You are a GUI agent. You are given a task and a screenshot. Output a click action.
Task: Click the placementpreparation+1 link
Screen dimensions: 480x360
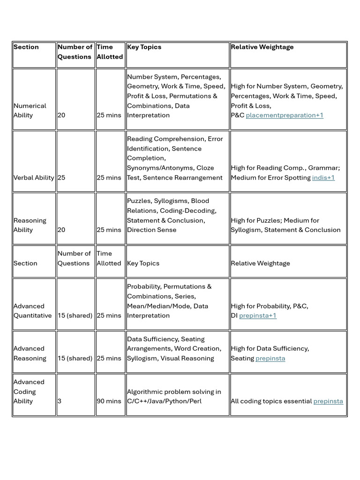[x=285, y=115]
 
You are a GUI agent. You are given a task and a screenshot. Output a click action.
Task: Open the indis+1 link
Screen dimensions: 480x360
[x=323, y=178]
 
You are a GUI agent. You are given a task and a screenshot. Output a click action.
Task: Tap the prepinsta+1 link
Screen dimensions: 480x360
[x=258, y=316]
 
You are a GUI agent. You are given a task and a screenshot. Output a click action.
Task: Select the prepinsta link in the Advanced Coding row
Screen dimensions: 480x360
[x=328, y=401]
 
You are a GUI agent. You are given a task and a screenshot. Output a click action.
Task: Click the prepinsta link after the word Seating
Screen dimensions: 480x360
[x=270, y=359]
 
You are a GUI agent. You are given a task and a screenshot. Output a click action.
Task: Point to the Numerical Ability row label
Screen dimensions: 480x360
[x=30, y=111]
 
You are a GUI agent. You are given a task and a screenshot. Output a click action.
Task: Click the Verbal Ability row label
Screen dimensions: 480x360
[x=34, y=178]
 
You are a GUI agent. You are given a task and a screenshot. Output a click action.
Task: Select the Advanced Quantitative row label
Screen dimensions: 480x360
[x=32, y=311]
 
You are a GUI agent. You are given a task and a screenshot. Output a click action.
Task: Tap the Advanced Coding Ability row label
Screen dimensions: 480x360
[x=29, y=392]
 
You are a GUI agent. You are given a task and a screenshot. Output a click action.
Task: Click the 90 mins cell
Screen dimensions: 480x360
[x=109, y=401]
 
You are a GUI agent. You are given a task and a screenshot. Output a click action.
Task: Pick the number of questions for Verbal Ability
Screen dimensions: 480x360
[x=61, y=178]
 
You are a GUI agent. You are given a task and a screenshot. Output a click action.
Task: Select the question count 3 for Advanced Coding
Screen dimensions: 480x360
[x=60, y=401]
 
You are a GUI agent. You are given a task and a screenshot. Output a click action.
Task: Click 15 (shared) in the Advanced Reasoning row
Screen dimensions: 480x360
[x=75, y=359]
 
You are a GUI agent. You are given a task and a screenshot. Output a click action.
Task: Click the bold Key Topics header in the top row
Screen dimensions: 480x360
[x=144, y=47]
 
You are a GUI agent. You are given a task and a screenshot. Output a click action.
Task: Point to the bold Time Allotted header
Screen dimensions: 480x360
[x=110, y=52]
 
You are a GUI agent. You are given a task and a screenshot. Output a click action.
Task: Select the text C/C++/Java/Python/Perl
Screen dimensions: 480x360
[x=164, y=401]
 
